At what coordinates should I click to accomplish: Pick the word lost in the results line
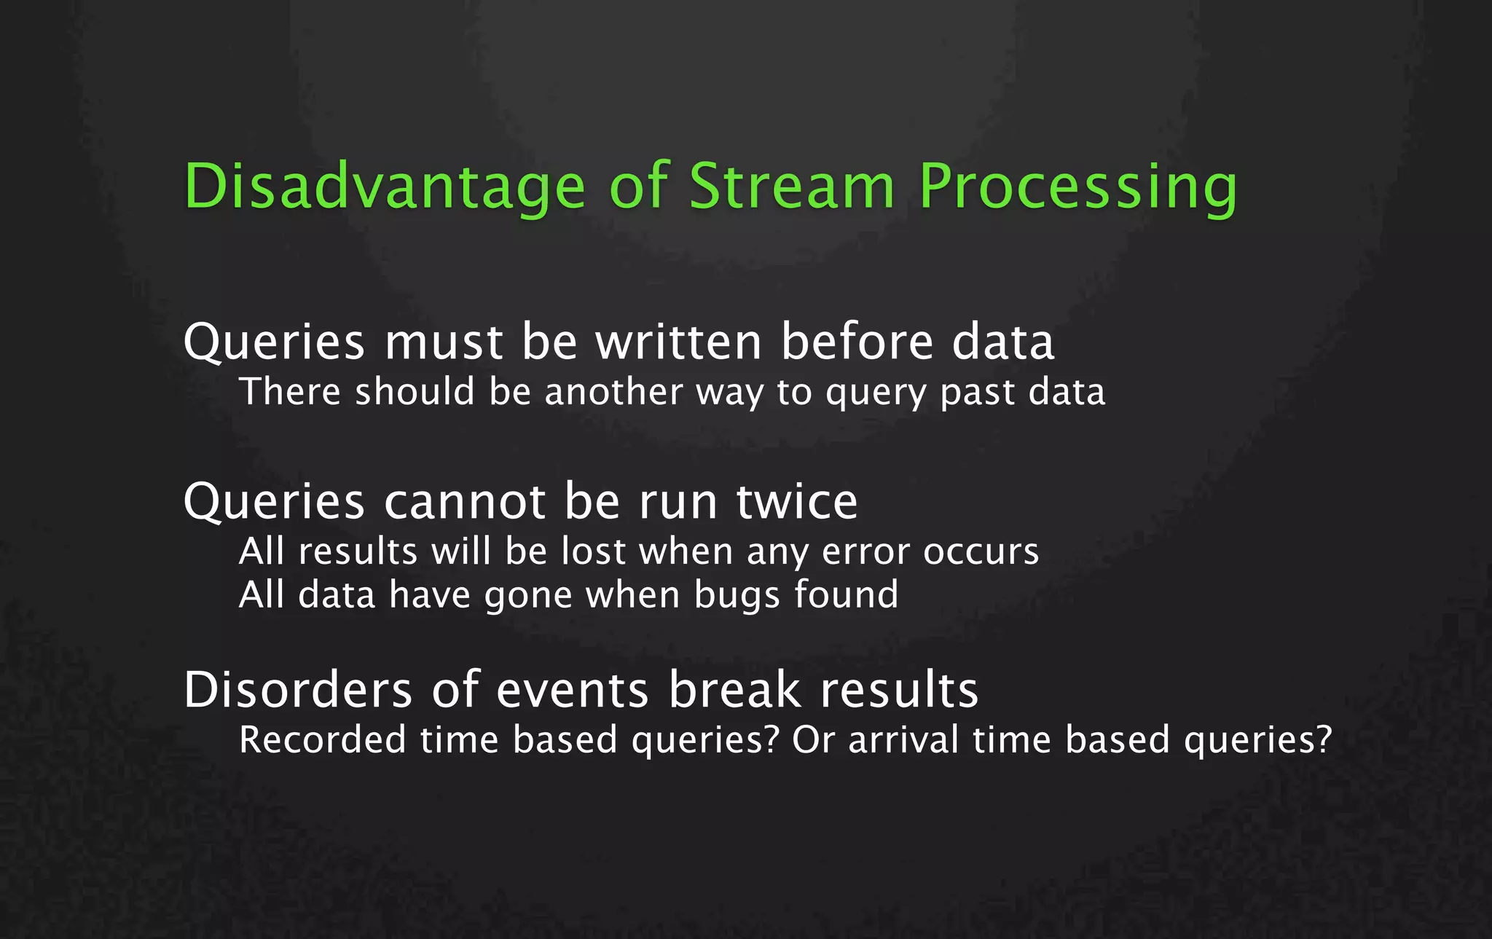click(x=593, y=551)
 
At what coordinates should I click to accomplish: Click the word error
click(x=865, y=553)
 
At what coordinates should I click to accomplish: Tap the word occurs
click(x=981, y=553)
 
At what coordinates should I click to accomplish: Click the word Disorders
click(x=298, y=690)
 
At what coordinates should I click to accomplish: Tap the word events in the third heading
click(x=572, y=690)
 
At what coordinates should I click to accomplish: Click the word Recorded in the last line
click(x=322, y=740)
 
